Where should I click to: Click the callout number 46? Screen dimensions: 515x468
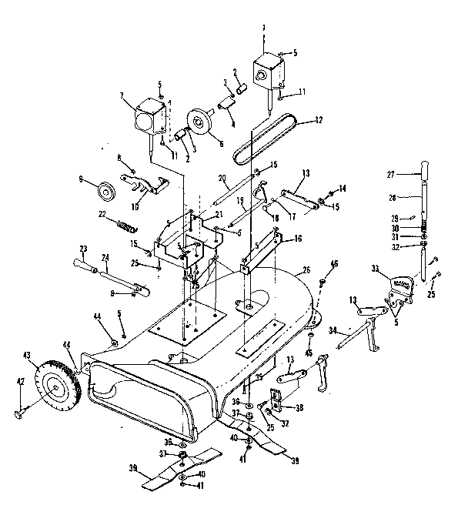333,264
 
